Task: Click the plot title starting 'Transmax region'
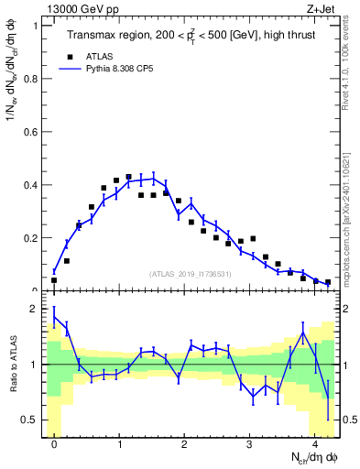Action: [189, 36]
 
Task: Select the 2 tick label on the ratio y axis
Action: [35, 309]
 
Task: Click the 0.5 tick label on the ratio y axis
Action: [31, 420]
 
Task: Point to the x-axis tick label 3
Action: [249, 444]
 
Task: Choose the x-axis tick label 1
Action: [120, 444]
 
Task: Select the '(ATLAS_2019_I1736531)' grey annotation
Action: [191, 274]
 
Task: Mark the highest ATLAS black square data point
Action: [129, 177]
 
